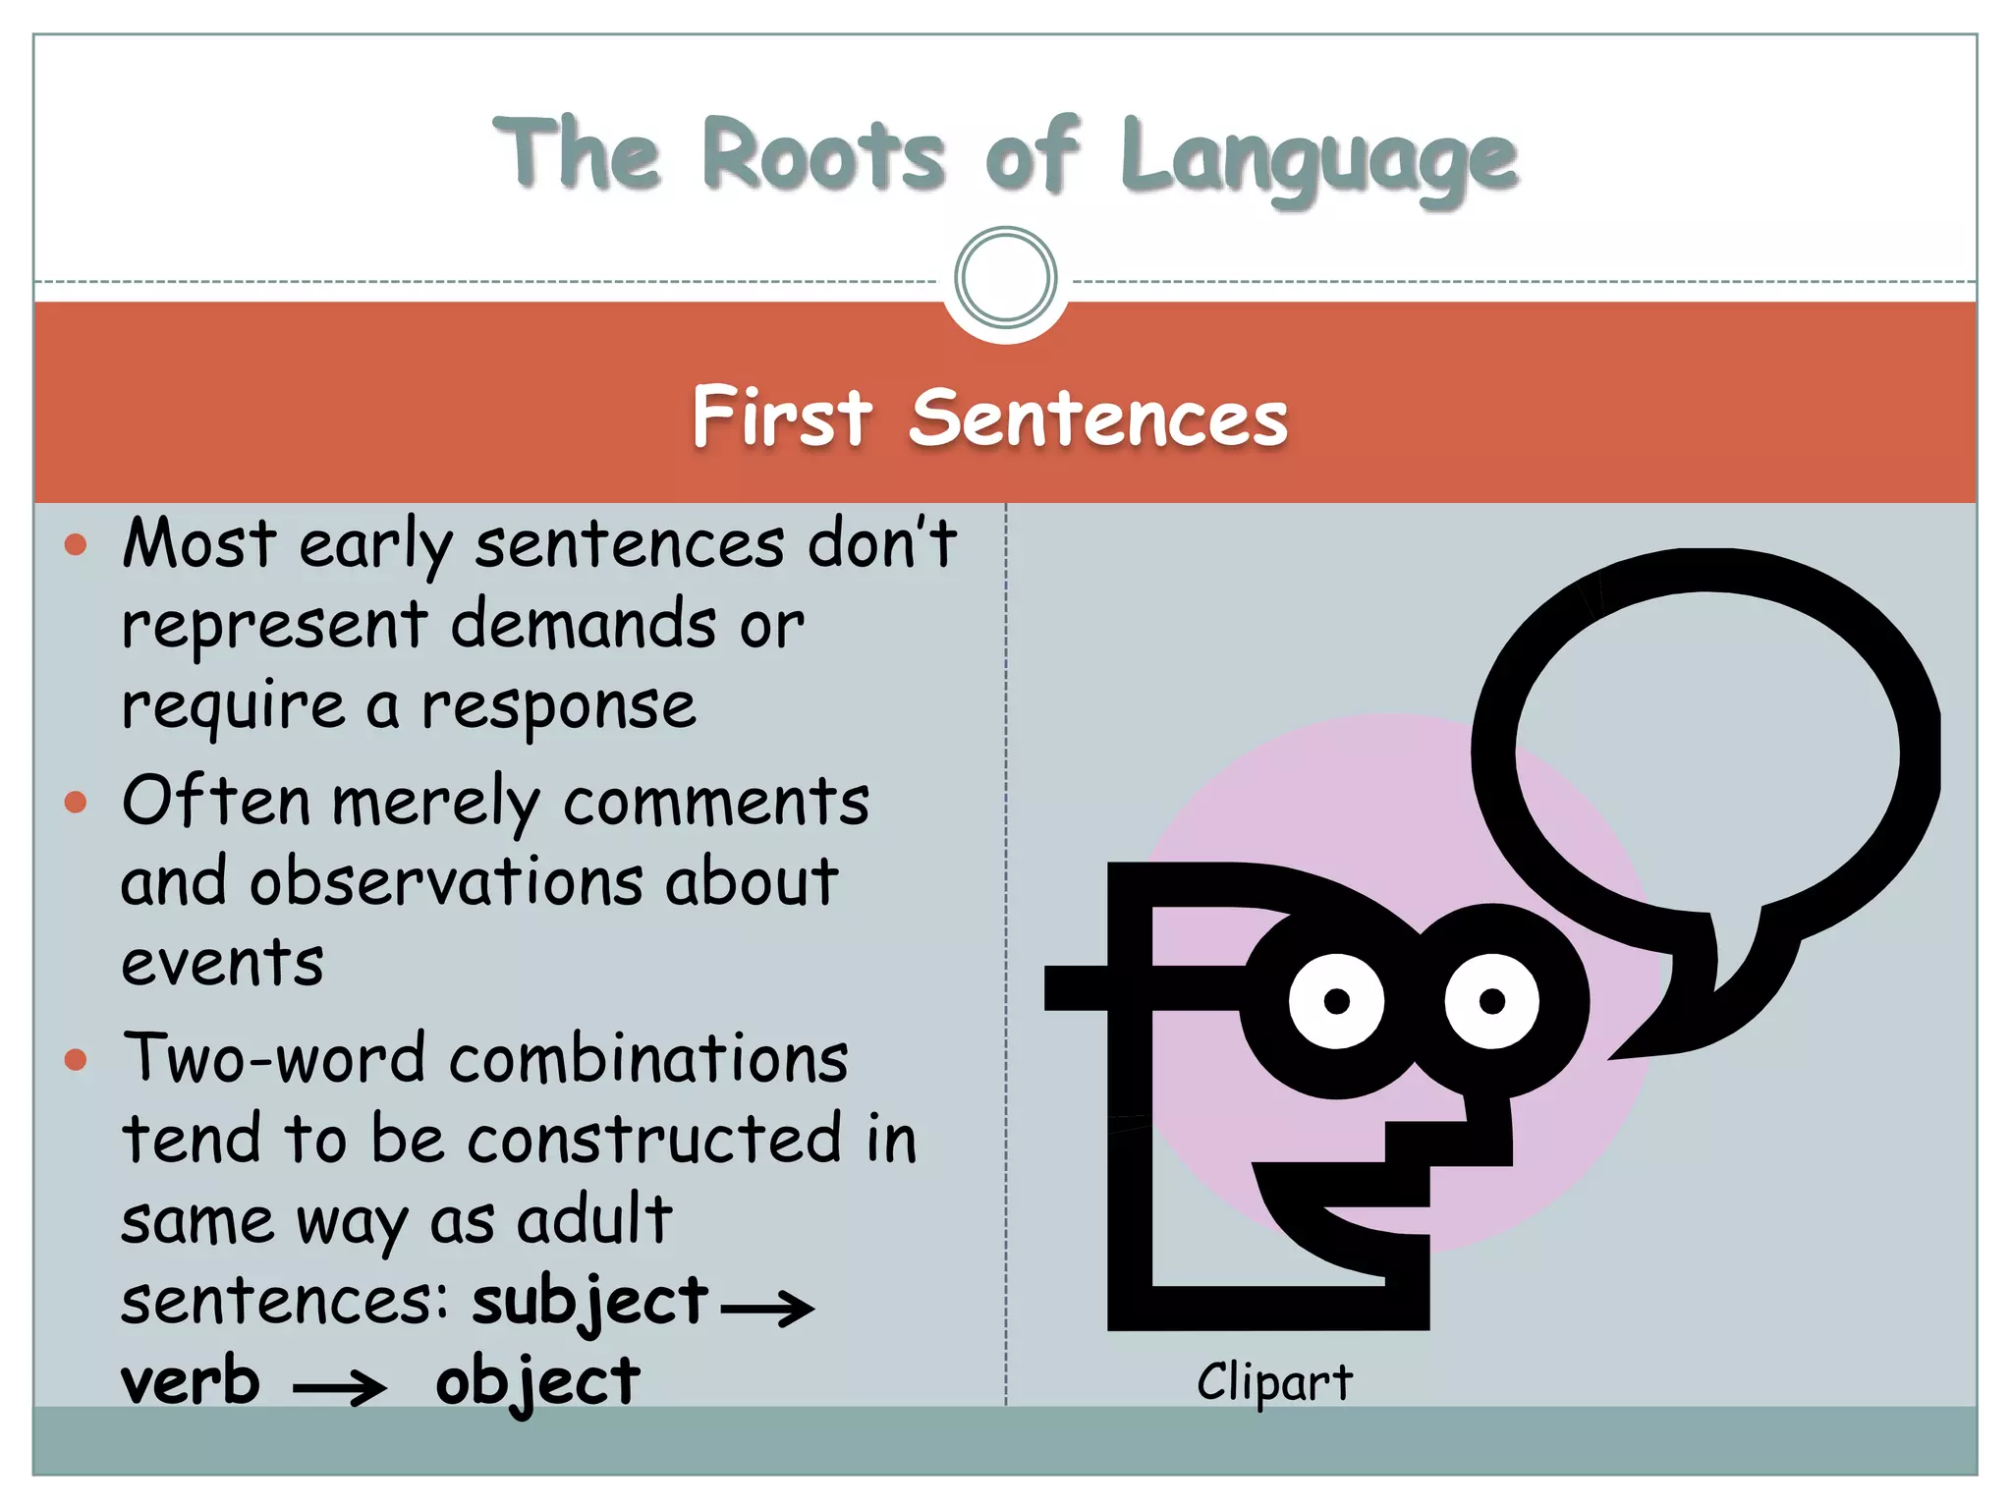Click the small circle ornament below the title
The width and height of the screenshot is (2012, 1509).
coord(1005,277)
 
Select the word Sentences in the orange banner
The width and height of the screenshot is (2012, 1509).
coord(1097,418)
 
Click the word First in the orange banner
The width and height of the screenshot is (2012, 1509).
coord(782,418)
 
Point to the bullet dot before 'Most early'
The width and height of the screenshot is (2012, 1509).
coord(76,544)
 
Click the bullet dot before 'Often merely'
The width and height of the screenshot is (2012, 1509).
coord(76,803)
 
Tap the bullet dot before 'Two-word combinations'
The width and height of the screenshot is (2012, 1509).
coord(76,1060)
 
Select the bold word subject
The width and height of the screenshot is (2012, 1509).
coord(589,1302)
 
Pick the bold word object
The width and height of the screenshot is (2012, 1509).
coord(537,1383)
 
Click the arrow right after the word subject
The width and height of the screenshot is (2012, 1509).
coord(767,1308)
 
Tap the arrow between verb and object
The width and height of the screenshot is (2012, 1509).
coord(340,1387)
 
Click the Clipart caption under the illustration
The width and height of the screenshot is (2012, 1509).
coord(1274,1382)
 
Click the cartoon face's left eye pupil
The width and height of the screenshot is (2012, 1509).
coord(1336,1001)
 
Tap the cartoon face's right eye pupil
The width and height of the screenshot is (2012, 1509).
coord(1491,1001)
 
